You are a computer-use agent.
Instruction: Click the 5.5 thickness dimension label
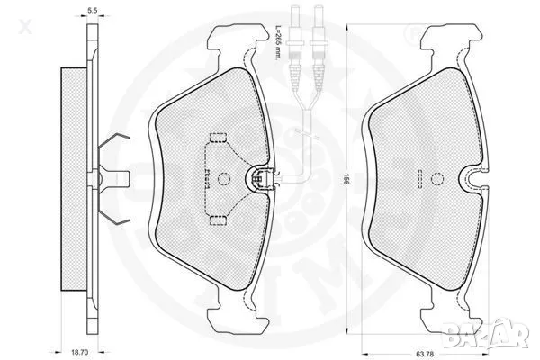[x=93, y=10]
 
